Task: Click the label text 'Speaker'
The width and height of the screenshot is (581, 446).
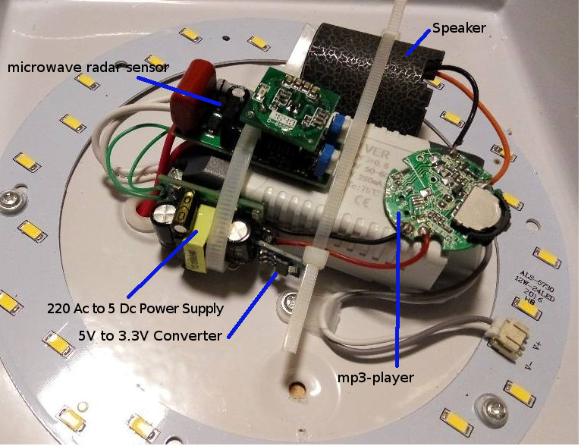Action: (x=458, y=28)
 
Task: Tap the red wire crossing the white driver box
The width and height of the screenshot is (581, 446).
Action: (x=356, y=262)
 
